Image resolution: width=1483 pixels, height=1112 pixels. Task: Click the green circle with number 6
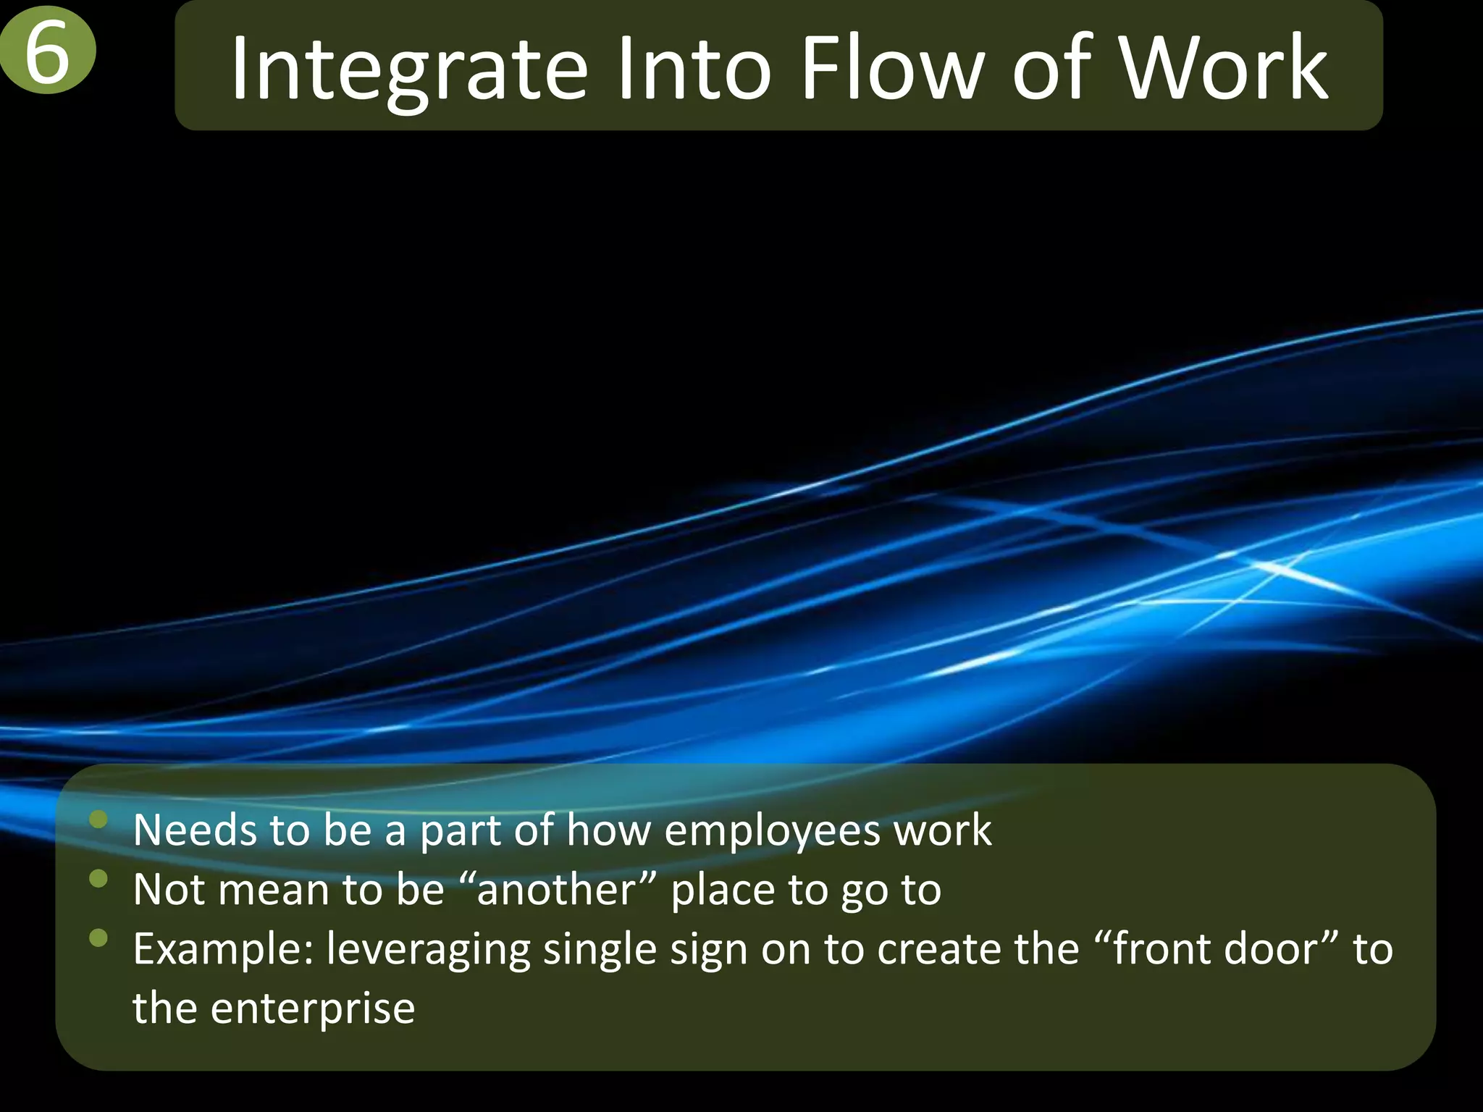tap(47, 52)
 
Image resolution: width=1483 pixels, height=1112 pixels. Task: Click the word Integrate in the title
tap(408, 69)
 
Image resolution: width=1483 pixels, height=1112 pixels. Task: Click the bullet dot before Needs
tap(98, 820)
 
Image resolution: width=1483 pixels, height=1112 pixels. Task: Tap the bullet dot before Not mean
tap(98, 879)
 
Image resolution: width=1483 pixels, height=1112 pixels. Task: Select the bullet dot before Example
tap(98, 939)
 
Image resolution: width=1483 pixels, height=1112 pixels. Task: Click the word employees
tap(772, 830)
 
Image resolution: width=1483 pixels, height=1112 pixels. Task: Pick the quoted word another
tap(555, 890)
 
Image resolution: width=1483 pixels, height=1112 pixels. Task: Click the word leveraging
tap(428, 950)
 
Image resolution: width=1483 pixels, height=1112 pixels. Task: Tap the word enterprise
tap(312, 1008)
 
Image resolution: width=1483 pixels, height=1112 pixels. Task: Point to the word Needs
tap(195, 830)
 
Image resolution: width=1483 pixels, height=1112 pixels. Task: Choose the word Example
tap(224, 949)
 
